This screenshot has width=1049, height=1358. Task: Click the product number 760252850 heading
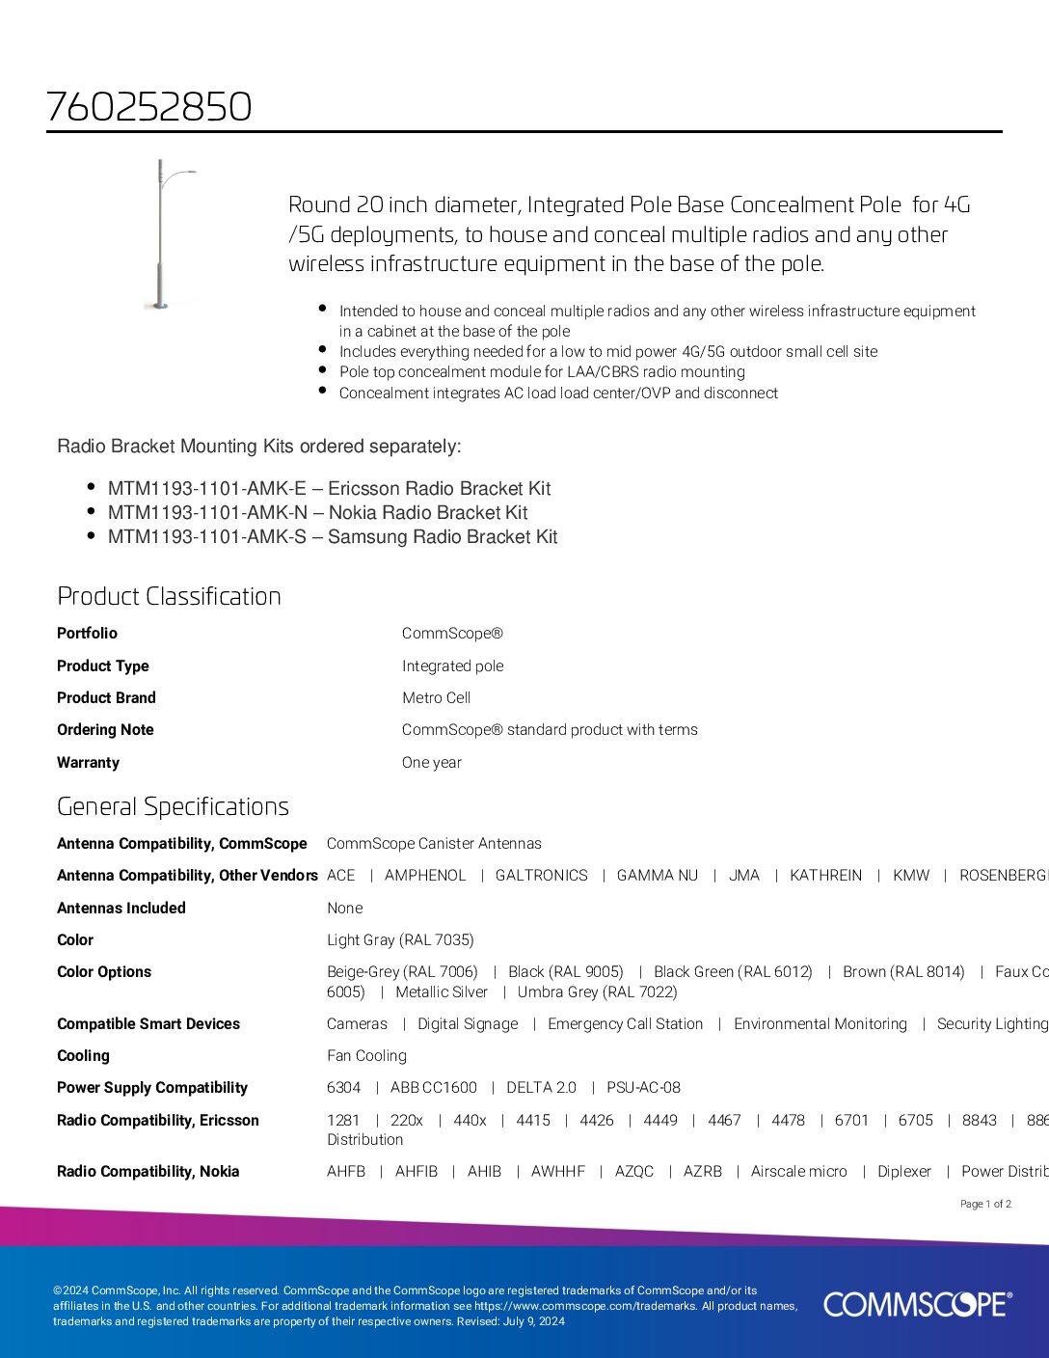coord(149,106)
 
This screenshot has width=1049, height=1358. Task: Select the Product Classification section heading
coord(169,596)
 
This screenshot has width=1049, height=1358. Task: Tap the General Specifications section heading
coord(173,806)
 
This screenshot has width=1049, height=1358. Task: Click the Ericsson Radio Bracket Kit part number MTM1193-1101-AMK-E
coord(206,488)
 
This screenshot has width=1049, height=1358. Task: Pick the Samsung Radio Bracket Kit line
coord(332,536)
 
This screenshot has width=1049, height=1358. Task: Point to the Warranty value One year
coord(431,762)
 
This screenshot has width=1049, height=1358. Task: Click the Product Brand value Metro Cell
coord(436,697)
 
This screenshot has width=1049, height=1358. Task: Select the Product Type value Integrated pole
coord(452,665)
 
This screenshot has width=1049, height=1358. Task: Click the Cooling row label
coord(83,1055)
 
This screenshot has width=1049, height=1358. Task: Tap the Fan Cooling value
coord(366,1055)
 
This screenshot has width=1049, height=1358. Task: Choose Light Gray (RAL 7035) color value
coord(400,939)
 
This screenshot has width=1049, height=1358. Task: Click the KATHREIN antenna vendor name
coord(825,875)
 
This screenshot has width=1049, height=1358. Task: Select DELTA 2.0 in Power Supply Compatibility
coord(541,1087)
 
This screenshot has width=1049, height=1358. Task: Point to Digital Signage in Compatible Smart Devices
coord(468,1023)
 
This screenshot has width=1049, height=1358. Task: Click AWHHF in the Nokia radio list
coord(557,1171)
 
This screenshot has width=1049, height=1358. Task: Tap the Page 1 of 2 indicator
coord(985,1204)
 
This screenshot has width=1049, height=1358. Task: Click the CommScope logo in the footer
coord(917,1304)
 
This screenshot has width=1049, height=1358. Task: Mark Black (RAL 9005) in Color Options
coord(565,971)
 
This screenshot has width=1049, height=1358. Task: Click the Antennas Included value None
coord(344,908)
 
